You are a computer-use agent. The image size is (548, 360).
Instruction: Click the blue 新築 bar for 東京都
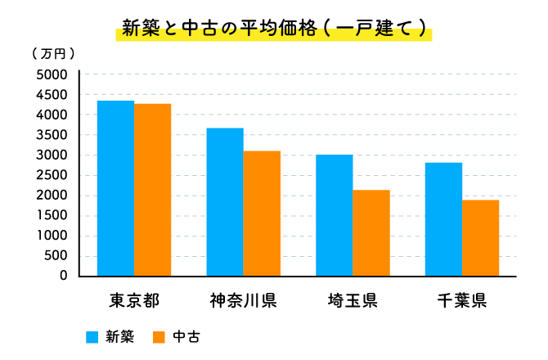click(115, 188)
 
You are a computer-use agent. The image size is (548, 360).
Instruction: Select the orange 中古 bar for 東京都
click(153, 190)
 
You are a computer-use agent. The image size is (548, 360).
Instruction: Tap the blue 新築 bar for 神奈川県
click(225, 202)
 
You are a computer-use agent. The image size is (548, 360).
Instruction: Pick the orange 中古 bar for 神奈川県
click(262, 214)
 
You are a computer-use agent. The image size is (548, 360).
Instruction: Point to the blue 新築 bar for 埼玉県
click(335, 215)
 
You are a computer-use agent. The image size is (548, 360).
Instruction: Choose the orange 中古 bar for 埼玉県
click(371, 233)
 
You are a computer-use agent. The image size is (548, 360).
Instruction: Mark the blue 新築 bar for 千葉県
click(443, 219)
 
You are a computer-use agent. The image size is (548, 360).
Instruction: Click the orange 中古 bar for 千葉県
click(481, 238)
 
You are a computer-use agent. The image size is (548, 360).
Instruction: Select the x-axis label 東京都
click(133, 299)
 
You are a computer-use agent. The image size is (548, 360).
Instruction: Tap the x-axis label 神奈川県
click(243, 299)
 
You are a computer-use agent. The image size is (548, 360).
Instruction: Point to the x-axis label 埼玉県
click(353, 299)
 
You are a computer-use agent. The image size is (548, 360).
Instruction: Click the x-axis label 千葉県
click(462, 299)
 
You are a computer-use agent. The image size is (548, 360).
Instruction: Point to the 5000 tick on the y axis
click(52, 74)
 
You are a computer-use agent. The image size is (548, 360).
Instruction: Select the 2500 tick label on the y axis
click(52, 175)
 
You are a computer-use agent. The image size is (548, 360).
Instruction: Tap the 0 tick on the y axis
click(62, 276)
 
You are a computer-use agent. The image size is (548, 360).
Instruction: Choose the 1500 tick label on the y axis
click(52, 215)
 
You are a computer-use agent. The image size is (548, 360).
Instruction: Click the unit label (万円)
click(54, 54)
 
